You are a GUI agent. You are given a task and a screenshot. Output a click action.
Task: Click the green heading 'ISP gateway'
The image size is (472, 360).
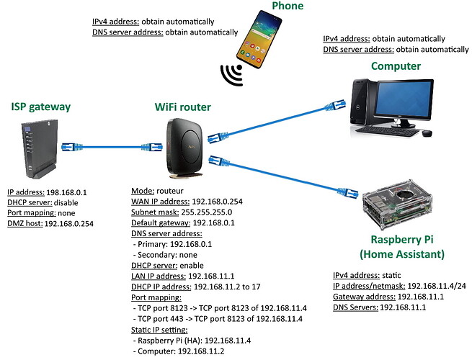(42, 107)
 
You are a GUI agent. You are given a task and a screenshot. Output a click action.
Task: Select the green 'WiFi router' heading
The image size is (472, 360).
(183, 107)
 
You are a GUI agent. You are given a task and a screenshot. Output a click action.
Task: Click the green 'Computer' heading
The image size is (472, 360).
(396, 66)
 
